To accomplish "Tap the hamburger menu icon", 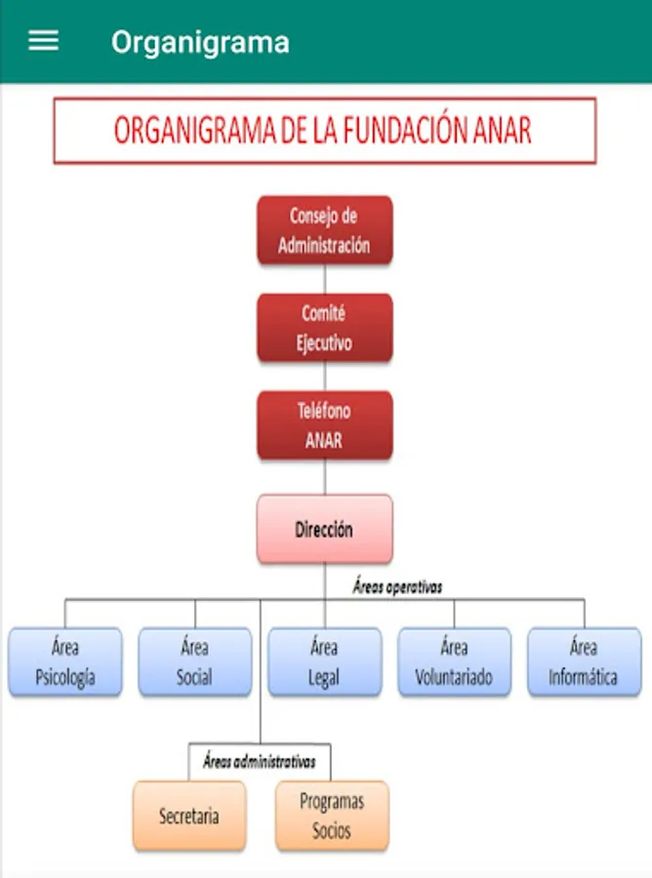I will (43, 41).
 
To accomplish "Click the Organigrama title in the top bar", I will (200, 42).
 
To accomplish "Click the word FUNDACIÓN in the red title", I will (398, 131).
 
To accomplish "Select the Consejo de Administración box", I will (324, 230).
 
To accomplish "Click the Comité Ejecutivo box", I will (324, 328).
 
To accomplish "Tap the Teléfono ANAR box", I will (324, 425).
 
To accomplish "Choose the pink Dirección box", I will (324, 530).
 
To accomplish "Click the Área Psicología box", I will (65, 662).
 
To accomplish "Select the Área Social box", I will (194, 662).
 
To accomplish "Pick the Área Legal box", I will (324, 662).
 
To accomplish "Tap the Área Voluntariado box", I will (454, 662).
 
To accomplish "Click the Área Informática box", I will (584, 662).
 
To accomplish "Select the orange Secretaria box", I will (188, 816).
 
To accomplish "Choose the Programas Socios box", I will (332, 816).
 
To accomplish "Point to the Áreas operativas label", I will (397, 587).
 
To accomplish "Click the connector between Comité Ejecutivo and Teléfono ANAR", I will (325, 377).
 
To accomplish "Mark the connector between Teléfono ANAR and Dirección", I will (325, 477).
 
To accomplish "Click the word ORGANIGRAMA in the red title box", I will (194, 131).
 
